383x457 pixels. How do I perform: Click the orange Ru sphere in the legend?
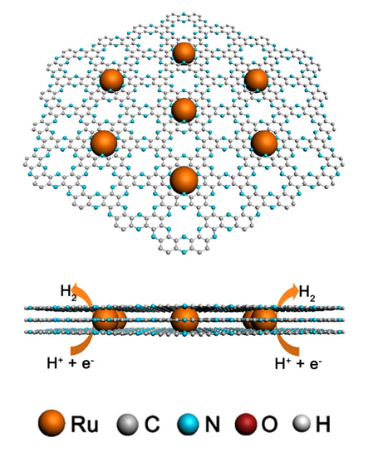pos(52,423)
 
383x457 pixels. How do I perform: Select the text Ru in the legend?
pos(85,424)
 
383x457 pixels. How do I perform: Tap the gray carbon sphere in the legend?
pos(128,424)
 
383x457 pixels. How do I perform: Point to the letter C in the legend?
pos(152,424)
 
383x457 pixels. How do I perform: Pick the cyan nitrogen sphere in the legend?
pos(189,424)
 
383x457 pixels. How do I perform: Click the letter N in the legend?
pos(212,424)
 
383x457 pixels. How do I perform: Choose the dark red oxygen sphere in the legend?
pos(246,424)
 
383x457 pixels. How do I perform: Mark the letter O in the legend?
pos(269,424)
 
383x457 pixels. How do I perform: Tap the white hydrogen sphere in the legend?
pos(302,423)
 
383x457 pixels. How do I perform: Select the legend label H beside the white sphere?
pos(323,424)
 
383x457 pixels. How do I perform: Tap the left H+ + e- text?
pos(70,364)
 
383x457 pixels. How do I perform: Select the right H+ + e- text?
pos(298,364)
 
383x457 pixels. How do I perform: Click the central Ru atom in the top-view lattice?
pos(184,109)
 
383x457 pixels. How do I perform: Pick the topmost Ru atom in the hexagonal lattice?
pos(184,53)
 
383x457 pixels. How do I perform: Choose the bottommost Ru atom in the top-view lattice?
pos(184,180)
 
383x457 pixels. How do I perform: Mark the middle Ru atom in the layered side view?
pos(184,320)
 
